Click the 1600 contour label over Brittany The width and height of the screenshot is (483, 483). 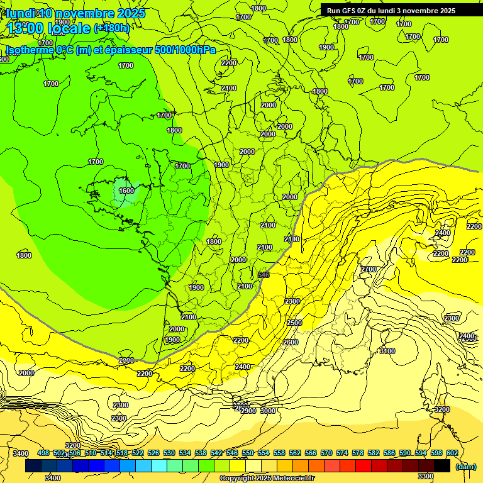coord(126,191)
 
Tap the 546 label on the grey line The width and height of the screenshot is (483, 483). coord(264,275)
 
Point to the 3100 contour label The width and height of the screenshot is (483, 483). coord(387,351)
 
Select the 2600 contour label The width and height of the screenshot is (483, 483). coord(291,342)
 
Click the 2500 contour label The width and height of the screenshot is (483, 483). coord(294,323)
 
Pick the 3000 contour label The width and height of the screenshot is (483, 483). coord(268,411)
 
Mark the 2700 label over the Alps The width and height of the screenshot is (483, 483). coord(369,269)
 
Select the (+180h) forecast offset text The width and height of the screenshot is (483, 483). coord(111,28)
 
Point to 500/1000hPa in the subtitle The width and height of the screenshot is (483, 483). coord(186,50)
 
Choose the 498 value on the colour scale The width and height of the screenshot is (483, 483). coord(43,453)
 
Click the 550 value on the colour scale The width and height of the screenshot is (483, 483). coord(248,453)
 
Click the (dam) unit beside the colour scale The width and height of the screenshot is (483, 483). coord(465,467)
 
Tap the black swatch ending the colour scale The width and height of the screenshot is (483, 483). coord(442,466)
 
